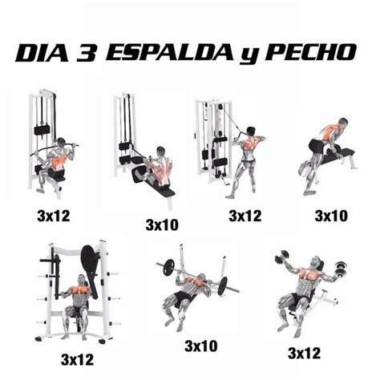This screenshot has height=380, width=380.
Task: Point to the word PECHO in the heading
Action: point(312,52)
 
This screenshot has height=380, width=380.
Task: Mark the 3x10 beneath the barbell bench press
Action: point(200,346)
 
